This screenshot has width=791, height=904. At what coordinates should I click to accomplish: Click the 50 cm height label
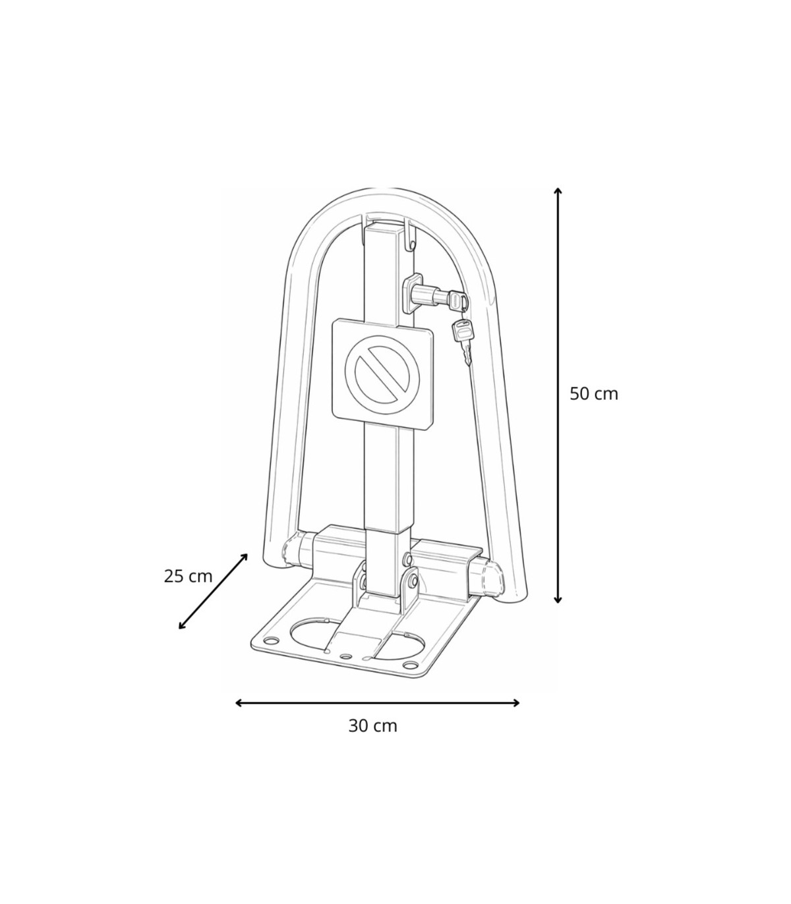pos(593,393)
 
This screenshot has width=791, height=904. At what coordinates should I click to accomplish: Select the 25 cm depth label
pos(189,576)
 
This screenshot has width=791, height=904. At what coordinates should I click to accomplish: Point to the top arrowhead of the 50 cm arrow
pos(558,191)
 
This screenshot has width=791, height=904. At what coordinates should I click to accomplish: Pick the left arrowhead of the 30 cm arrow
pos(239,703)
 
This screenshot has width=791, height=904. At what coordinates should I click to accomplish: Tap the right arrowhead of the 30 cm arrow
pos(516,703)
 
